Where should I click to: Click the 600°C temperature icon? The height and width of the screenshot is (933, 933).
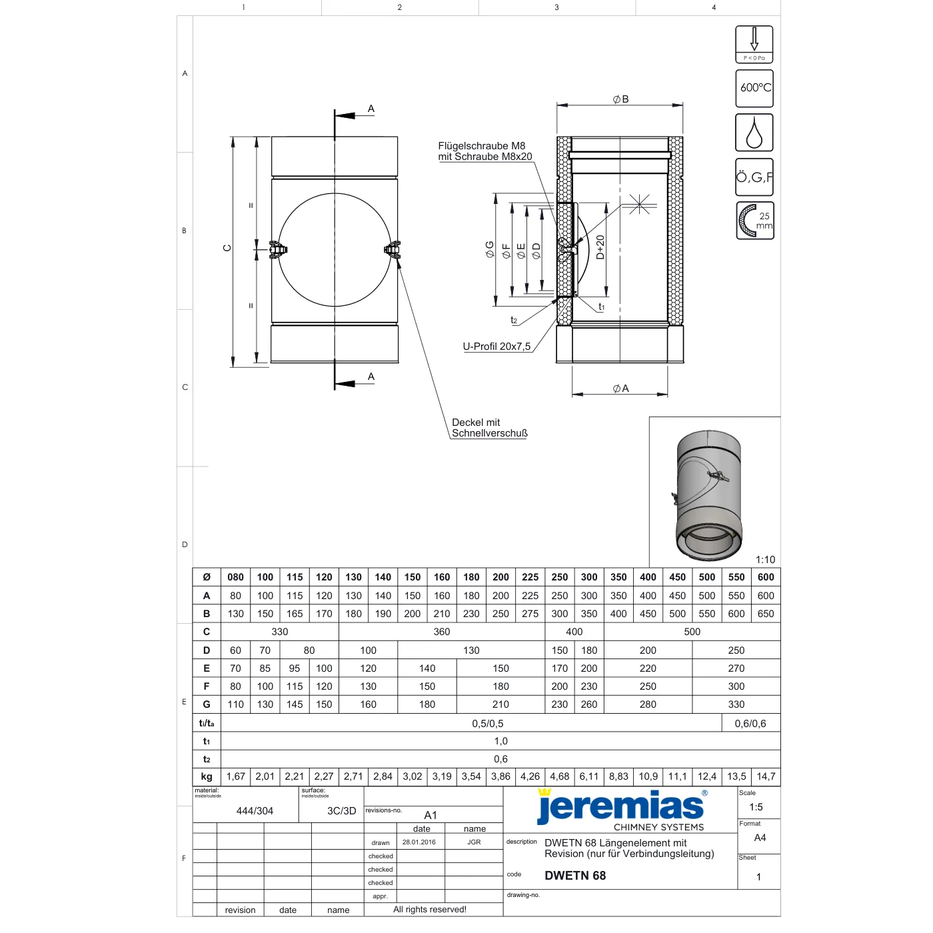[754, 88]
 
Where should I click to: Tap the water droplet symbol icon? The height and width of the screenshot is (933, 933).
[754, 133]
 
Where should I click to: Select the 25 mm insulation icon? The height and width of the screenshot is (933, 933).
[754, 221]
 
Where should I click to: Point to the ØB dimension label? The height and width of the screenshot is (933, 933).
[620, 99]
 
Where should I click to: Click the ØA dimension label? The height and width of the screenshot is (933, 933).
[620, 389]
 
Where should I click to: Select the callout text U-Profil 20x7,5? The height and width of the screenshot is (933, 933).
[496, 347]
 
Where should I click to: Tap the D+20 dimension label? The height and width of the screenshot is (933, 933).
[600, 247]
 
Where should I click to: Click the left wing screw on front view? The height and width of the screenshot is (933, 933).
[278, 250]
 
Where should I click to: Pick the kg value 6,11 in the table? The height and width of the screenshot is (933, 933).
[588, 776]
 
